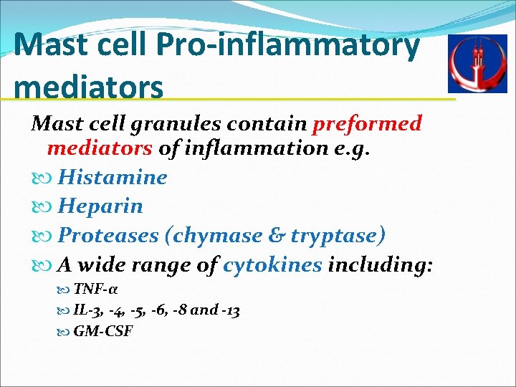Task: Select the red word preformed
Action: pos(367,123)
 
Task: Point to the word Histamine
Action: pos(113,177)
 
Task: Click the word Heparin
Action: pos(100,206)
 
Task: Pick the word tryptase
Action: pos(339,235)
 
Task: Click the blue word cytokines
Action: pos(272,264)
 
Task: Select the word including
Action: pos(380,264)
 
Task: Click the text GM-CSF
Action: pos(103,332)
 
